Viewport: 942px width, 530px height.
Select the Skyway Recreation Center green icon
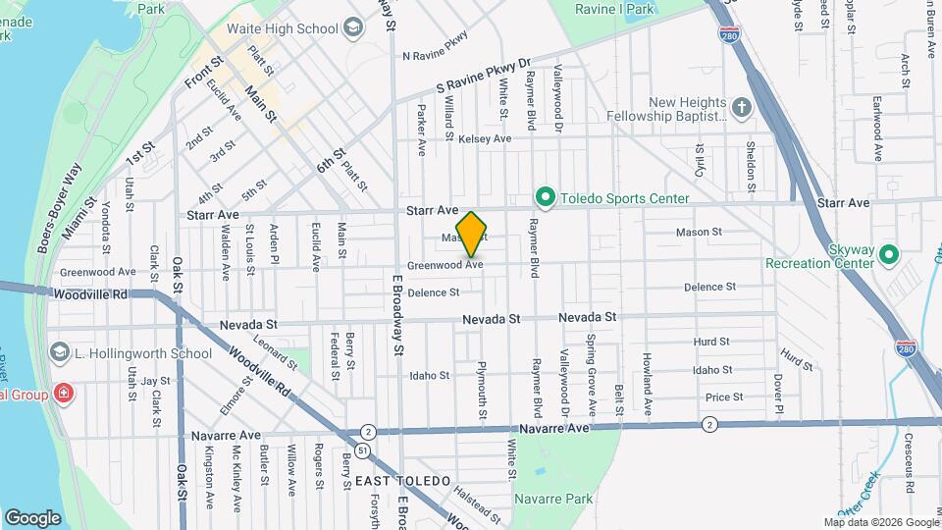coord(889,255)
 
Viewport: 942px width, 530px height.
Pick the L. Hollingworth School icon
coord(60,353)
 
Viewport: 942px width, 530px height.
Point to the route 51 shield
coord(363,450)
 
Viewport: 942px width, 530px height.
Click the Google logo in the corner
coord(32,517)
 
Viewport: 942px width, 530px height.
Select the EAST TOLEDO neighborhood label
coord(402,481)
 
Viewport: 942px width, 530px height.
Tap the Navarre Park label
coord(553,499)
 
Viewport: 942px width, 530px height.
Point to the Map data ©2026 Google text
coord(879,522)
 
